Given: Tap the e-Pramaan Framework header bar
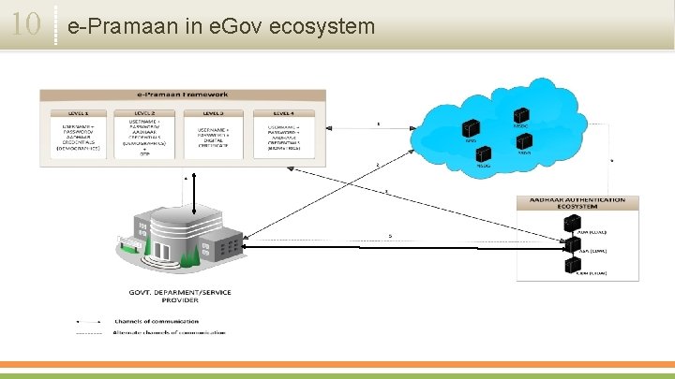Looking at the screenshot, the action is pyautogui.click(x=183, y=95).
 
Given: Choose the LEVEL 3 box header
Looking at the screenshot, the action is pyautogui.click(x=215, y=112).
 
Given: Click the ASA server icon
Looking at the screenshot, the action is pyautogui.click(x=568, y=246).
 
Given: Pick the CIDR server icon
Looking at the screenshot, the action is pyautogui.click(x=568, y=267).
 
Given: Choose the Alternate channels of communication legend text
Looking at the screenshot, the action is pyautogui.click(x=169, y=331).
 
